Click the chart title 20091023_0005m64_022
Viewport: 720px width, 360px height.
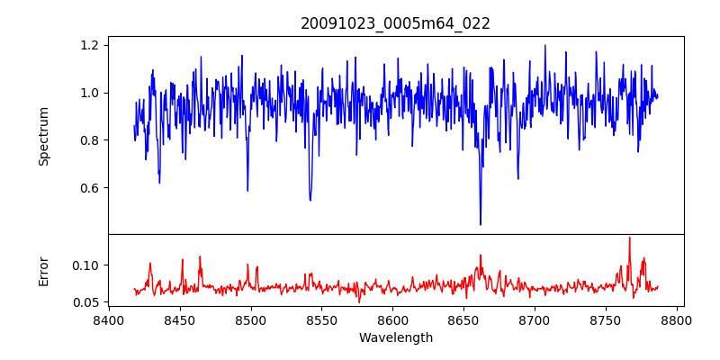395,23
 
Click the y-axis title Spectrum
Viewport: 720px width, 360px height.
43,136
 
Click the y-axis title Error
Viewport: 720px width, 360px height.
43,270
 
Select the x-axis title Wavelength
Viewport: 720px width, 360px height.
395,338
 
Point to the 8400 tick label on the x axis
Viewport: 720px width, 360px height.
109,319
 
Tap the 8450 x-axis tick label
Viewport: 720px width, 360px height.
180,319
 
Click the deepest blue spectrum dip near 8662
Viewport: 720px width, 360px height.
481,224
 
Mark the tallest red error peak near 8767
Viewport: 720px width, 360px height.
629,238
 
